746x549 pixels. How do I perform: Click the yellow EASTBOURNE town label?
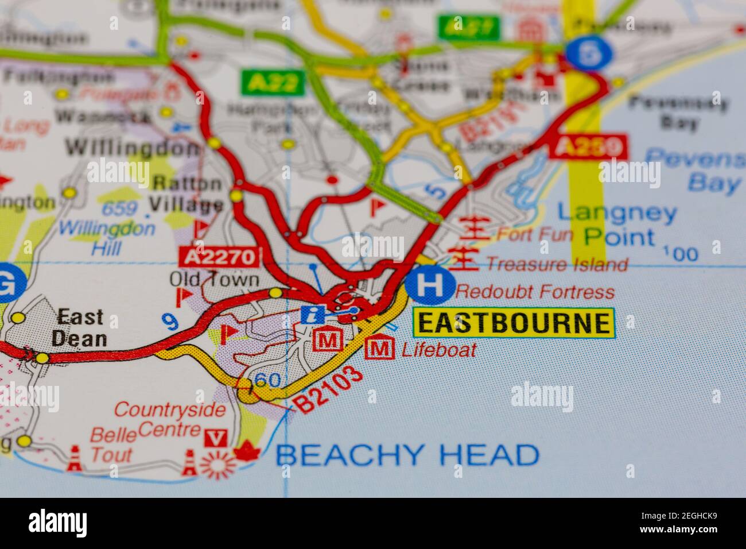pos(514,323)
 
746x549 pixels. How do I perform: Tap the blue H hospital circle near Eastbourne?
pos(430,285)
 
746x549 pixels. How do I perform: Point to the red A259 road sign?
pos(588,147)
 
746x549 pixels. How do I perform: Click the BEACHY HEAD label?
pos(407,455)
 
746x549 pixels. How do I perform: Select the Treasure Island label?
pos(557,264)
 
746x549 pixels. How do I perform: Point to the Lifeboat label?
pos(439,349)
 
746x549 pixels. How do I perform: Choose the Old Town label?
pos(214,280)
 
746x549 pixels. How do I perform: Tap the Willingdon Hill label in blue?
pos(107,238)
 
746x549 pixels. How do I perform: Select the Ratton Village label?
pos(186,194)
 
